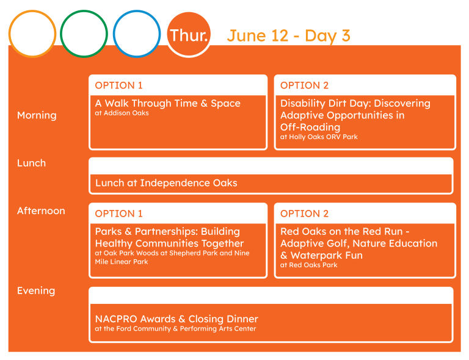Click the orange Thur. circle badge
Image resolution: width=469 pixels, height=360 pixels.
coord(189,34)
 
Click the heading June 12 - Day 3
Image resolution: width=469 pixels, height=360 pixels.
coord(289,36)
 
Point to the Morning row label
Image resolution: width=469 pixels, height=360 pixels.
coord(37,115)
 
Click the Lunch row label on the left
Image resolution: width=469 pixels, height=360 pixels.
coord(31,163)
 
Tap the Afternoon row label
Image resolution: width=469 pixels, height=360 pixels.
coord(41,211)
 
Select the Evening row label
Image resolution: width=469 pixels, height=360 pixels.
coord(36,290)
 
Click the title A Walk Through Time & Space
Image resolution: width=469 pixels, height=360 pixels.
coord(167,103)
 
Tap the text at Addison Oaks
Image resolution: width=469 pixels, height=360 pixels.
coord(122,113)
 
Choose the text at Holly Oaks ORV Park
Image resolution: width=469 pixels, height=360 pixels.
coord(319,137)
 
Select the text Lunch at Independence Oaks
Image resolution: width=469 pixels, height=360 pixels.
coord(166,183)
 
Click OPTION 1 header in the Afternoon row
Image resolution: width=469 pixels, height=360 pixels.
coord(118,214)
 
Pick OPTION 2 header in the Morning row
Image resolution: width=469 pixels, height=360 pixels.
coord(304,85)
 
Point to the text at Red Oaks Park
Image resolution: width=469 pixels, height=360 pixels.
coord(308,265)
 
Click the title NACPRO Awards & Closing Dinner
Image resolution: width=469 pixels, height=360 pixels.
coord(176,319)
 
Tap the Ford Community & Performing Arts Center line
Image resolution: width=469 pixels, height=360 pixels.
coord(175,329)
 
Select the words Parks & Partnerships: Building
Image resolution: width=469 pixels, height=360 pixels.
coord(167,231)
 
